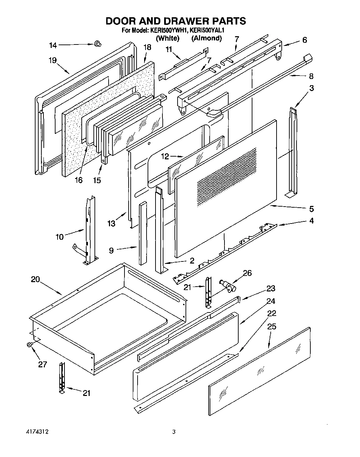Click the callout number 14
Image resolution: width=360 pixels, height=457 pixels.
point(53,45)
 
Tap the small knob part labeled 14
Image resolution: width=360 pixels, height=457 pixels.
point(98,43)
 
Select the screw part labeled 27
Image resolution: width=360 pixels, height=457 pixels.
point(29,345)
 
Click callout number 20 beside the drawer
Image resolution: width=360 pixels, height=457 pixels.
point(35,279)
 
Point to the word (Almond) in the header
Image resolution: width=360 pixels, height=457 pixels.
point(206,38)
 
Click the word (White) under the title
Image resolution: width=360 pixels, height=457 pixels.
point(168,38)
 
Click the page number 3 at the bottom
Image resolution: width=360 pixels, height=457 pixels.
point(174,431)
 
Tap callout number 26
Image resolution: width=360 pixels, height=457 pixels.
point(247,273)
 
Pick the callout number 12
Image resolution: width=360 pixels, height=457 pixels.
point(165,157)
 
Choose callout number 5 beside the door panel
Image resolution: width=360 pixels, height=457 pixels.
point(311,209)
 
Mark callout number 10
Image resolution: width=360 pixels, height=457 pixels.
point(59,237)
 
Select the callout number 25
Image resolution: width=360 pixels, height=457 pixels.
point(272,326)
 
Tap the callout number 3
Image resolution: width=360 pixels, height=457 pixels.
point(311,88)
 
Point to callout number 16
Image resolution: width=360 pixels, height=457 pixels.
point(79,180)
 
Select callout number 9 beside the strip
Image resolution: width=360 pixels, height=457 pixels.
point(111,250)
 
